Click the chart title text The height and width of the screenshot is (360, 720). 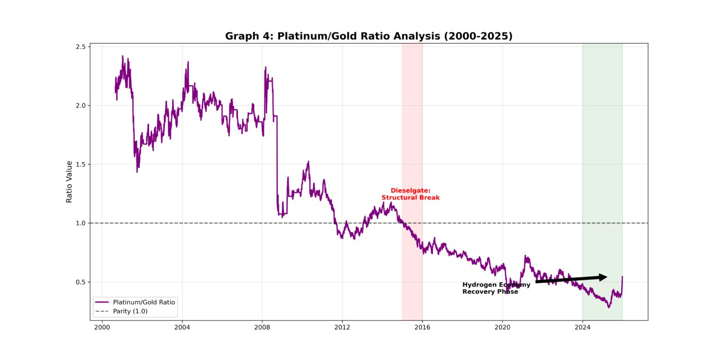tap(369, 36)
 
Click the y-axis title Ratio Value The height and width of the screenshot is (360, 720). tap(69, 182)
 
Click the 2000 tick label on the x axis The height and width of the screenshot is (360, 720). tap(102, 327)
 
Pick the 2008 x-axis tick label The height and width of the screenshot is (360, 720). tap(262, 327)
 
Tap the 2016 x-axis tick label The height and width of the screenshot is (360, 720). tap(422, 327)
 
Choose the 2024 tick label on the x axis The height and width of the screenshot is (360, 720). tap(582, 327)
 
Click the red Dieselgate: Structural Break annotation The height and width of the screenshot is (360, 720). tap(410, 194)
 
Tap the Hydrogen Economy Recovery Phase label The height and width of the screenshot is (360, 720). tap(496, 288)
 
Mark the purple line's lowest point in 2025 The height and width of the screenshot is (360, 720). tap(609, 308)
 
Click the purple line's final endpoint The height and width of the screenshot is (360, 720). tap(622, 277)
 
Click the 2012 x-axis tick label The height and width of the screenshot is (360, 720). tap(342, 327)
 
